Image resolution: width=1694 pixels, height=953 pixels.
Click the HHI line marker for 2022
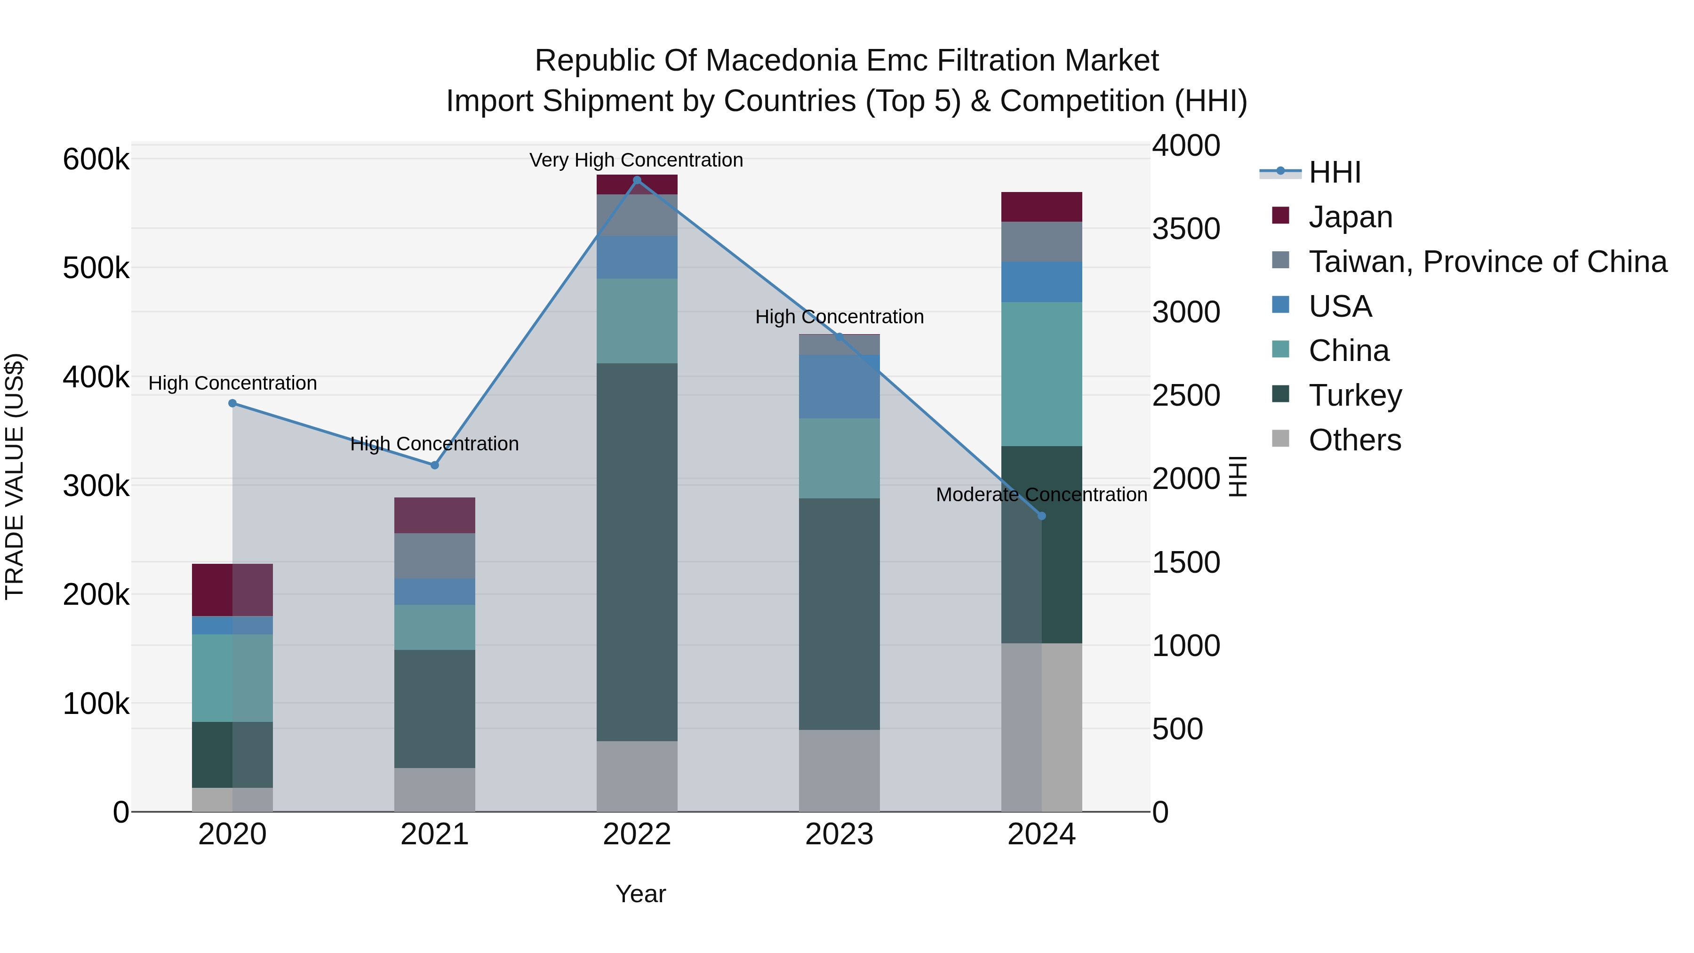point(637,180)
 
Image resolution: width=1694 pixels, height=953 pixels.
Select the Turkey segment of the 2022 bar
point(637,553)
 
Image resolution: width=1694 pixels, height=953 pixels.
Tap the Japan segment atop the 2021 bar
point(435,515)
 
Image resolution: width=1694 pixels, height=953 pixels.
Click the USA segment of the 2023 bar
point(839,387)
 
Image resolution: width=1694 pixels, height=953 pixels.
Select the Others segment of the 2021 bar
point(435,789)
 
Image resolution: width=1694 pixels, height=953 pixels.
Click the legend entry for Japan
point(1350,217)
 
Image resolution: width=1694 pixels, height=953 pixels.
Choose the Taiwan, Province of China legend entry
point(1487,262)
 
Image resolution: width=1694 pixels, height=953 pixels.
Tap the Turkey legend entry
point(1355,395)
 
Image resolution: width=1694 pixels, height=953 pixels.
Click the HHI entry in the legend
point(1334,172)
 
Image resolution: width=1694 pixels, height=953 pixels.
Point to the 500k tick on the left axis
point(96,268)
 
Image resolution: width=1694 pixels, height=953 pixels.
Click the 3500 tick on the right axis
point(1186,229)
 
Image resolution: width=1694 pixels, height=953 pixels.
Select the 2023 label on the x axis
point(839,834)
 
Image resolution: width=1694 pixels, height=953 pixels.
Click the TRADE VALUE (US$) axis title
point(15,476)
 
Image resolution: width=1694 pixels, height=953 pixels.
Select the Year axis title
point(640,894)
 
